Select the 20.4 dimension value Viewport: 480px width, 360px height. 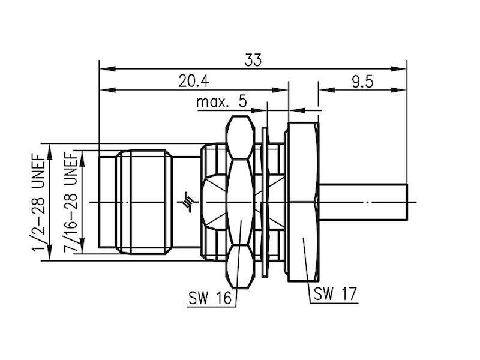193,82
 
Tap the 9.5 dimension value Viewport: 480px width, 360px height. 362,82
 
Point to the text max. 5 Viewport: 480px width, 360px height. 221,101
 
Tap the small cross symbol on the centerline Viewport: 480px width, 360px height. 190,202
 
